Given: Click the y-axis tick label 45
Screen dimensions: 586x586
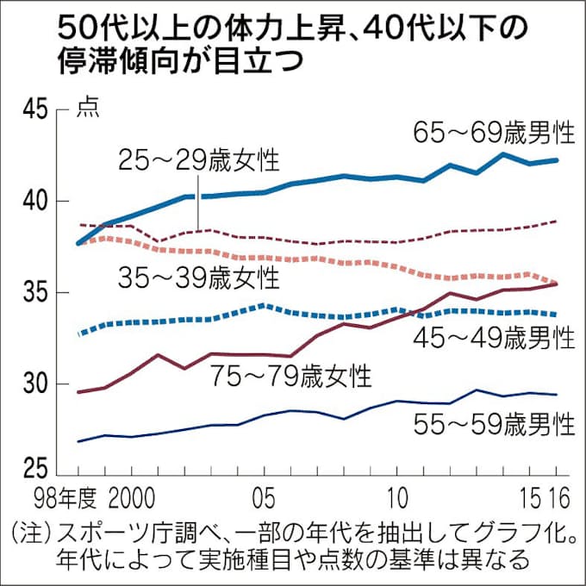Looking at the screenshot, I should click(x=30, y=110).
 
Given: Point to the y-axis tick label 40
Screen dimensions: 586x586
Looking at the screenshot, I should click(x=30, y=202).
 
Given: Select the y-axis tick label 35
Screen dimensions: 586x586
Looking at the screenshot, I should click(x=30, y=293).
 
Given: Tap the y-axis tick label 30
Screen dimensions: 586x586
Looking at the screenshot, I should click(x=30, y=384).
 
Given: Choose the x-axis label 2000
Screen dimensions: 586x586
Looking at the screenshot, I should click(x=132, y=500).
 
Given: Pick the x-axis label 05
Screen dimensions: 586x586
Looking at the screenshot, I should click(x=265, y=500).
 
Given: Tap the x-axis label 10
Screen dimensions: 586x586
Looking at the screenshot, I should click(x=397, y=500).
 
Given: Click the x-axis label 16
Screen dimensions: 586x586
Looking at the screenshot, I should click(x=559, y=500).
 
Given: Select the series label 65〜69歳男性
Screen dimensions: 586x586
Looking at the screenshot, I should click(x=494, y=133).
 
